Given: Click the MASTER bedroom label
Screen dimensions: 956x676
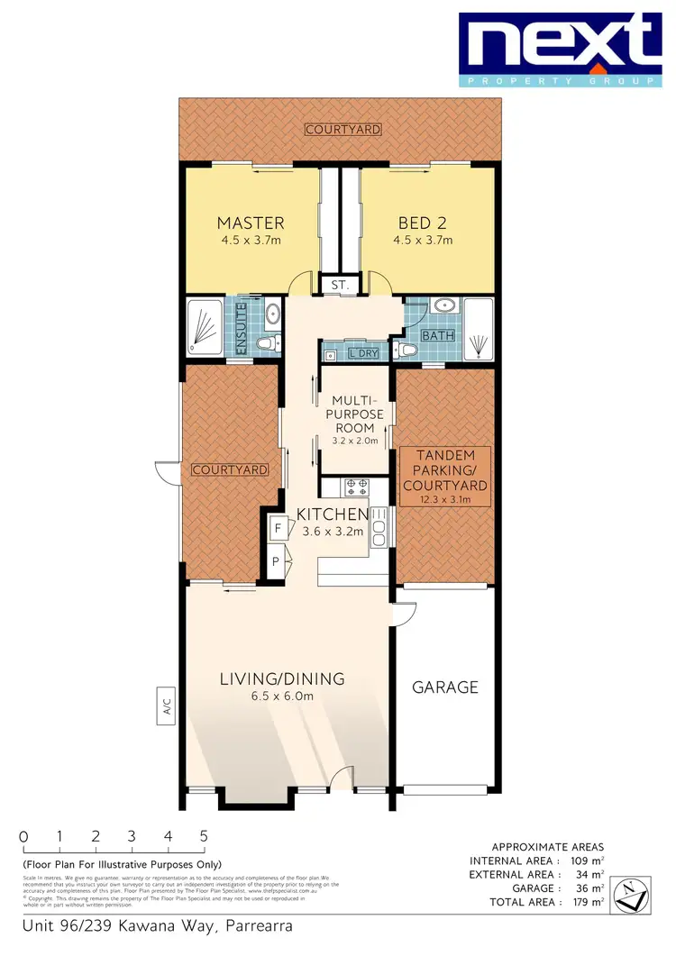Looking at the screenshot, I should coord(251,223).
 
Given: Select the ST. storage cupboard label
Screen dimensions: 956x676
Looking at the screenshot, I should coord(340,284).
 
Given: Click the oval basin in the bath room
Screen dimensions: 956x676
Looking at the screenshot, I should coord(443,305).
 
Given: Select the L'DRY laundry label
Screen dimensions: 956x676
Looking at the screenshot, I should coord(363,353).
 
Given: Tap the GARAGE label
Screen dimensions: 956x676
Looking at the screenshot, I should coord(445,687).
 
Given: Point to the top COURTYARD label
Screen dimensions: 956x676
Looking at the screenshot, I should coord(343,130).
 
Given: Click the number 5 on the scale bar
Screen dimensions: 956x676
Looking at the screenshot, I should coord(205,835).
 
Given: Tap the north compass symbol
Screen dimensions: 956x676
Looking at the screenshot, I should coord(633,896).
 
